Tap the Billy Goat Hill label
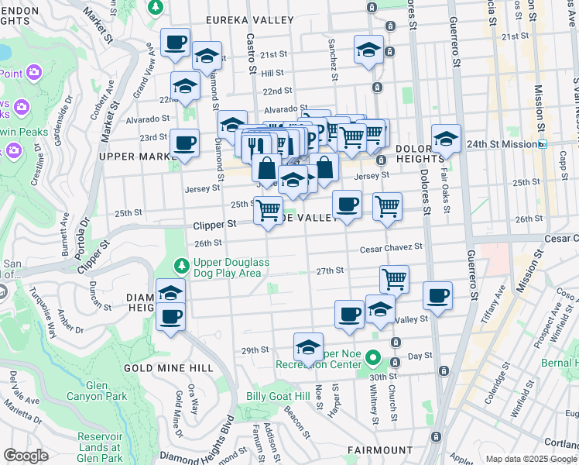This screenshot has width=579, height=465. (x=278, y=397)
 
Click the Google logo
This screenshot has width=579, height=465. (x=26, y=456)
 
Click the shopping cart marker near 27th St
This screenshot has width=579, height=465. (x=395, y=279)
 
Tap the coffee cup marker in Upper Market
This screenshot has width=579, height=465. (x=184, y=143)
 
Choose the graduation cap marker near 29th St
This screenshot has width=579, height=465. (x=308, y=346)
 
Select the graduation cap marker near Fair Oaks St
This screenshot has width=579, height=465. (x=446, y=138)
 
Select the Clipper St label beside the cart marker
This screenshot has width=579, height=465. (x=214, y=224)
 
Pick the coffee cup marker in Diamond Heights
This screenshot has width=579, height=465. (x=170, y=315)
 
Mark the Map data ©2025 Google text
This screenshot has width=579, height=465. (x=529, y=459)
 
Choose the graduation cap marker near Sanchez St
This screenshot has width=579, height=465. (x=368, y=50)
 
